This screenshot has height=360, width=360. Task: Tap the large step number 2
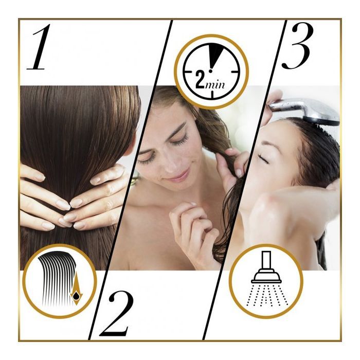coord(114,314)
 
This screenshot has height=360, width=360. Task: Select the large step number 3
coord(298,46)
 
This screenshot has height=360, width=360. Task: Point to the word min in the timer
coord(215,85)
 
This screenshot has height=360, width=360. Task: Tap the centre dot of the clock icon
coord(210,71)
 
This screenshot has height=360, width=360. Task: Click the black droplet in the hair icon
coord(76,296)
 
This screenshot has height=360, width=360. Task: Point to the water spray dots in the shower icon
coord(267,295)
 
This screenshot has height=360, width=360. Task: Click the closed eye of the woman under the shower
coord(263,158)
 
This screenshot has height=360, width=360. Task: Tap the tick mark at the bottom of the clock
coord(212,95)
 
